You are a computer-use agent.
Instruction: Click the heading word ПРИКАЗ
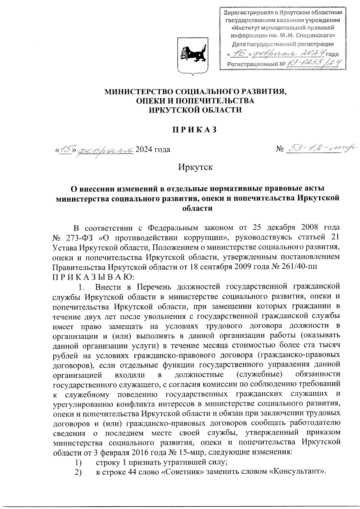point(194,130)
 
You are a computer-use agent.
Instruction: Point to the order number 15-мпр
point(170,452)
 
